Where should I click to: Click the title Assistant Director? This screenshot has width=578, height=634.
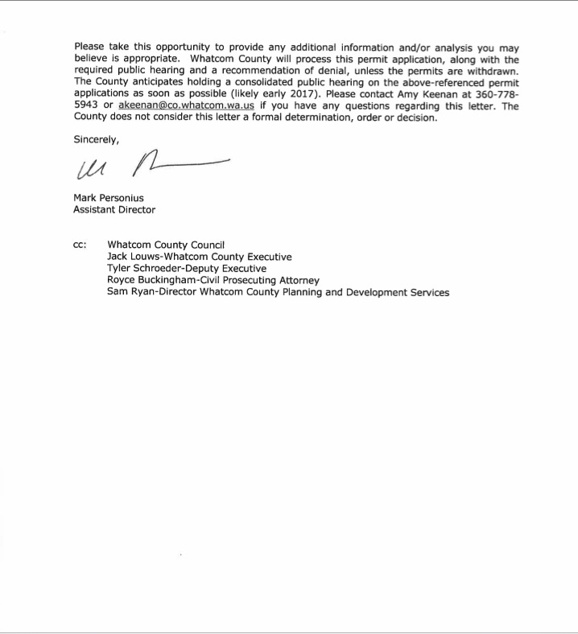(114, 210)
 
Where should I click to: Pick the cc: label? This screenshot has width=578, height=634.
(81, 245)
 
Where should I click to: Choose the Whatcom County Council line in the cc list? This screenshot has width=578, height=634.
(166, 245)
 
